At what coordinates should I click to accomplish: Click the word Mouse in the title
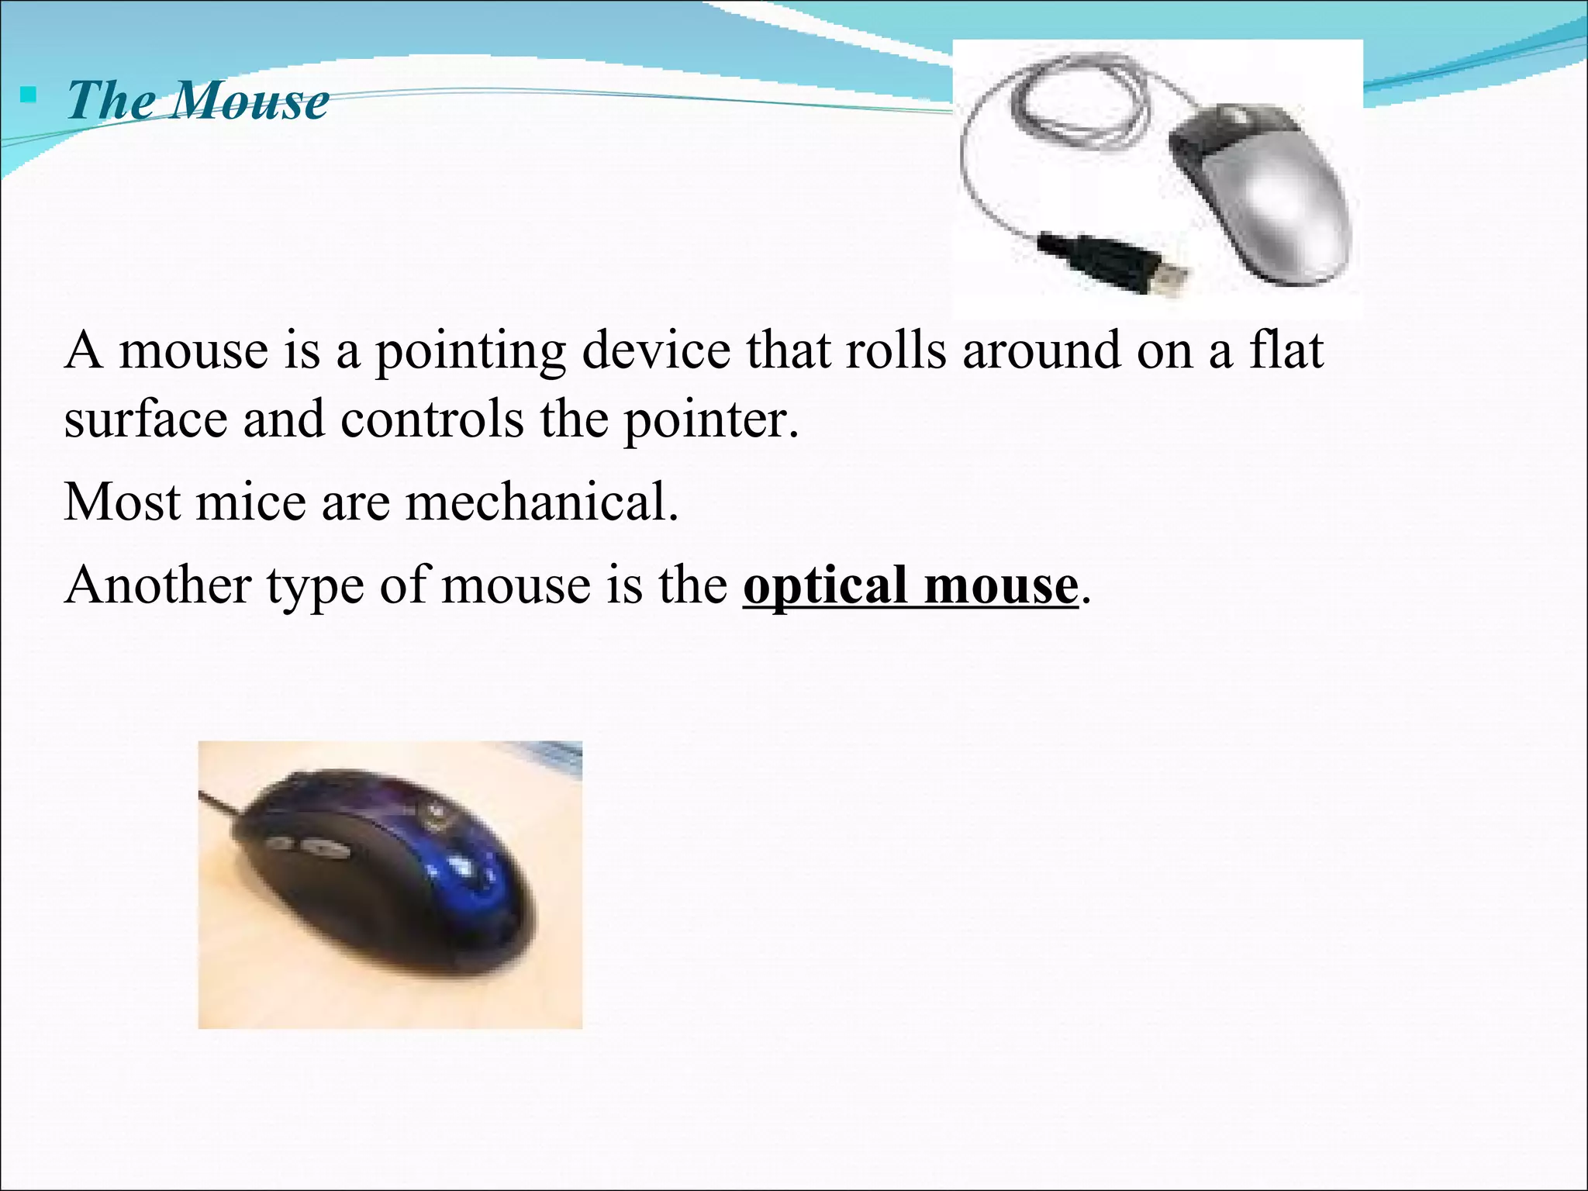tap(250, 101)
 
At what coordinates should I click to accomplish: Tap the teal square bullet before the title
tap(29, 96)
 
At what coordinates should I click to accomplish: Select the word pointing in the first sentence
tap(470, 351)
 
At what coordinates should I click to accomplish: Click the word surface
tap(145, 419)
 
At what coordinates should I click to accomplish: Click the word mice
tap(250, 502)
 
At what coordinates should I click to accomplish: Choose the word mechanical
tap(540, 502)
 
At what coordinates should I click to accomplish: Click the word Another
tap(157, 585)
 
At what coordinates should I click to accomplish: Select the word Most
tap(122, 502)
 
